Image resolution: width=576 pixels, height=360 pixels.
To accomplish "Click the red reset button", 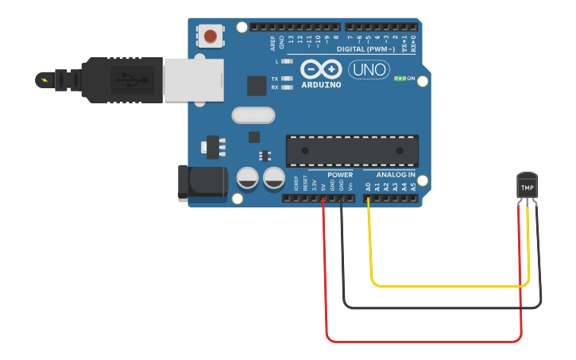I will [x=210, y=36].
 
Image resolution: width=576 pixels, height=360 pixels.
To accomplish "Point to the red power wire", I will [x=421, y=342].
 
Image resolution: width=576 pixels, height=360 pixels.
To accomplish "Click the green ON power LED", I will [x=400, y=79].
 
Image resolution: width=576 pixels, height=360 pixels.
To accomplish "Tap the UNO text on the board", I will [x=369, y=70].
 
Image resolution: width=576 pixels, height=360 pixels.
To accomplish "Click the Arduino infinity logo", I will [x=320, y=70].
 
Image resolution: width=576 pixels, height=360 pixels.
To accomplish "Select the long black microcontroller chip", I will [x=352, y=150].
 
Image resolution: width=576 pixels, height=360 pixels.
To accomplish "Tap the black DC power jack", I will [x=202, y=182].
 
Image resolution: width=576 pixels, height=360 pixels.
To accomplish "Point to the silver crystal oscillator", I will [x=253, y=115].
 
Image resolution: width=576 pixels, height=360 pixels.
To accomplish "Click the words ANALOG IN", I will [x=395, y=174].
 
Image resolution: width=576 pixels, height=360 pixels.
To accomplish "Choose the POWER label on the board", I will [x=340, y=174].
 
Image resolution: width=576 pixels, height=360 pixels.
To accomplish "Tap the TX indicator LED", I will [x=287, y=79].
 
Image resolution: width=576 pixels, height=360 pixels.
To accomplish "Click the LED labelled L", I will [x=287, y=61].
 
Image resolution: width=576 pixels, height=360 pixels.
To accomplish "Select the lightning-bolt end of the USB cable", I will [x=44, y=79].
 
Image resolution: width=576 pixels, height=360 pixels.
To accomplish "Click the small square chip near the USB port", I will [x=257, y=85].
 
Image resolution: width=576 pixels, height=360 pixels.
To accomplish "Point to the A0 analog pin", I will [x=368, y=197].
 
